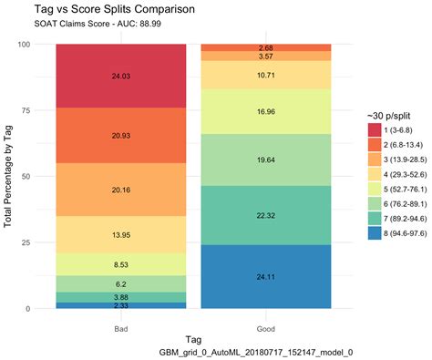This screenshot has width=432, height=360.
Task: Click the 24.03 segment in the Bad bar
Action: [x=120, y=76]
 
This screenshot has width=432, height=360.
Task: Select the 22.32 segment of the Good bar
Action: [x=265, y=215]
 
